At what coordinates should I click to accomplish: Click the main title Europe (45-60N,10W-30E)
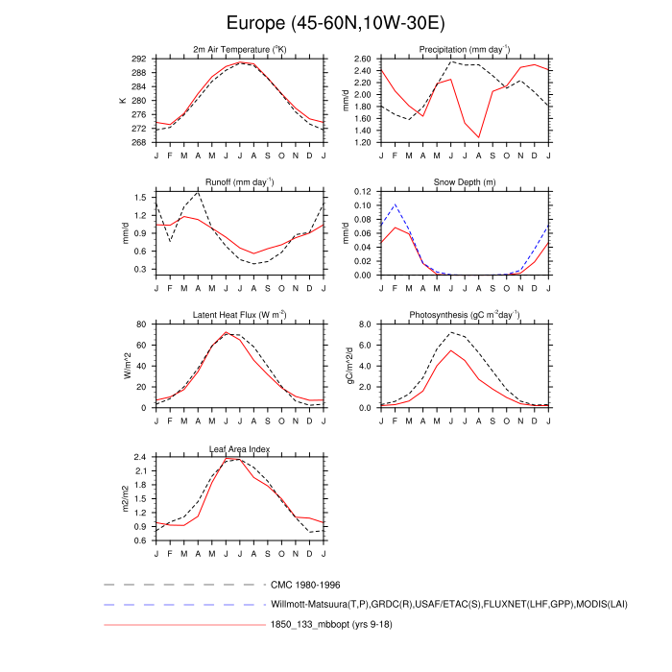[336, 21]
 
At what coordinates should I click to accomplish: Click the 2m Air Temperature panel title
[239, 49]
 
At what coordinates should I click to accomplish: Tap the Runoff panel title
[239, 181]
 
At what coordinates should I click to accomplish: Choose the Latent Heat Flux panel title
[239, 315]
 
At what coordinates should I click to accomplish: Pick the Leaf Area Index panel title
[239, 448]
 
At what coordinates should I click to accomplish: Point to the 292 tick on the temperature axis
[139, 59]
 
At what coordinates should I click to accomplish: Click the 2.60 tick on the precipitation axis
[360, 59]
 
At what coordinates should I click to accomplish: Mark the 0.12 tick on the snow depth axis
[360, 192]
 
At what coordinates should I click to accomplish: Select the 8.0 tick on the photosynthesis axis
[365, 325]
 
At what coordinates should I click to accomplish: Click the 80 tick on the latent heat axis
[142, 325]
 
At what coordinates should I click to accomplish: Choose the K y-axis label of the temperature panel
[123, 100]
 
